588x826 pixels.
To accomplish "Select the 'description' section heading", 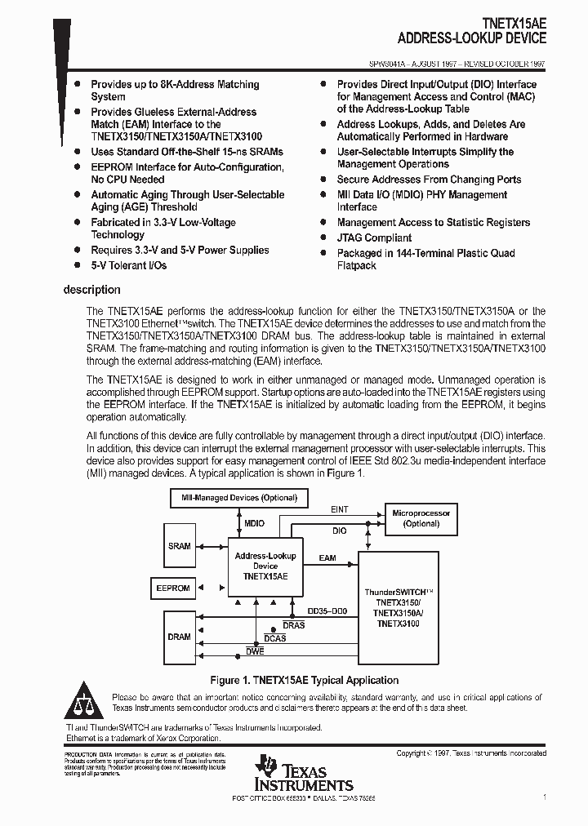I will point(91,290).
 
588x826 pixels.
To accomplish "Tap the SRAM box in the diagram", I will point(179,546).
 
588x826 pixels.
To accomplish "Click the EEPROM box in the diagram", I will point(173,588).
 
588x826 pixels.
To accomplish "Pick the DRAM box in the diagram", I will point(179,637).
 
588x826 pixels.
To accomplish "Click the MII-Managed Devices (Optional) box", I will point(234,497).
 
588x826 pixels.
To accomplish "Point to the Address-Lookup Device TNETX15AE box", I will point(265,565).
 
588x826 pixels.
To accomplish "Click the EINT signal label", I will point(339,509).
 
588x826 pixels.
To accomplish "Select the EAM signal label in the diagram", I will point(327,558).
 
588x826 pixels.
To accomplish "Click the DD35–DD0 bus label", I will point(327,611).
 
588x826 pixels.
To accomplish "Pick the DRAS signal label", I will point(293,625).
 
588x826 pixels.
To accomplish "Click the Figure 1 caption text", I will point(304,680).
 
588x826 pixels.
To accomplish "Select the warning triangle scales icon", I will point(83,703).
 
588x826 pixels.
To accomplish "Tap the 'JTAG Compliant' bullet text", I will point(374,238).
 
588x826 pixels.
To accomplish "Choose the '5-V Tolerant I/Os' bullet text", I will point(128,265).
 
